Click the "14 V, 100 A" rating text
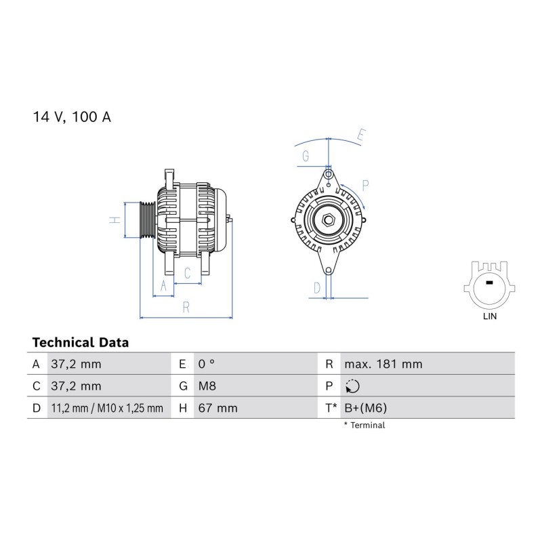[72, 117]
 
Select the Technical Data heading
[81, 343]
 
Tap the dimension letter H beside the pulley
[114, 220]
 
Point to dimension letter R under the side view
[186, 308]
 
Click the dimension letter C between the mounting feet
[188, 274]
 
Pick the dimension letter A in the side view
[163, 286]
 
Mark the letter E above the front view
[361, 135]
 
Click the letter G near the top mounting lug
[306, 157]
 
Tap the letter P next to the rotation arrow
[365, 186]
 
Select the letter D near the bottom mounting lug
[317, 287]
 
